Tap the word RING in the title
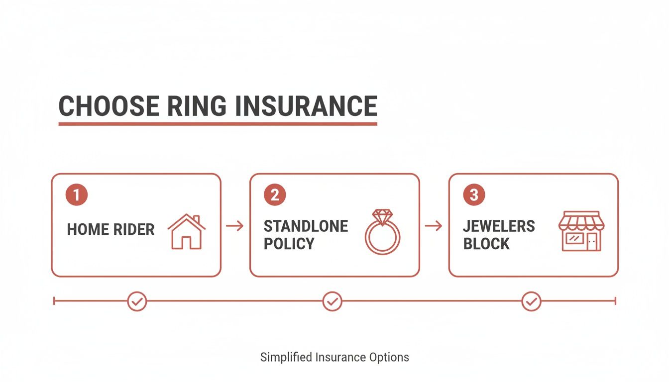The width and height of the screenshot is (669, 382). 193,105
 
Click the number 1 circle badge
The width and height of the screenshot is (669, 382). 77,195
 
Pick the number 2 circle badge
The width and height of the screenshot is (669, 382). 275,195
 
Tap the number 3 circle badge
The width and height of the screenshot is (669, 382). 474,195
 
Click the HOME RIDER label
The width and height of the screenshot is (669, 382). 111,229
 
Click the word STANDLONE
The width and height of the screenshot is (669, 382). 306,226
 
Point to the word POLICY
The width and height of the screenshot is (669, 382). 289,244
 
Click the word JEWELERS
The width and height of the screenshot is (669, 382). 499,226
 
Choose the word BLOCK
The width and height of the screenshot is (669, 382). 486,244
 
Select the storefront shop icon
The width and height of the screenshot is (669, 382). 581,231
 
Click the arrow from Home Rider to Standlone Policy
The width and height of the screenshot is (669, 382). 235,226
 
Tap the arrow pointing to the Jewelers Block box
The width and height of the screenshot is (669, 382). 434,226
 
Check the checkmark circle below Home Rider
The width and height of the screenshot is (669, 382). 137,301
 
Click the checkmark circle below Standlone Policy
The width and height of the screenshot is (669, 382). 332,301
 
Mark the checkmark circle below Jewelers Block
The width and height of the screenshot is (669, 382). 531,301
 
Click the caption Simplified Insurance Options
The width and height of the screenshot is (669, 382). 334,357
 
